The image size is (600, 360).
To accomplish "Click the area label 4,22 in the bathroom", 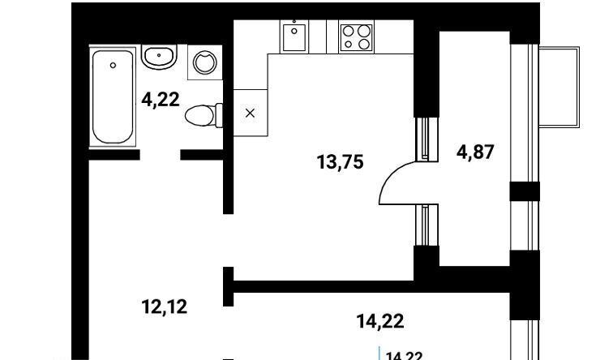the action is (161, 101).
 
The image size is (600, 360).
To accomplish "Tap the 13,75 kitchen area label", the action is (341, 162).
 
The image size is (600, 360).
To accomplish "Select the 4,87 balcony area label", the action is (475, 152).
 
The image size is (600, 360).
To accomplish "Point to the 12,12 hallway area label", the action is (165, 306).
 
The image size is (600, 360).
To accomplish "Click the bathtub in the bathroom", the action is (113, 96).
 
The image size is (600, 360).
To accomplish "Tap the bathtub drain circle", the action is (113, 66).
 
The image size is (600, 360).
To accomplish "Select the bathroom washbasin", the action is (159, 57).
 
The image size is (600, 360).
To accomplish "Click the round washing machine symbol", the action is (204, 62).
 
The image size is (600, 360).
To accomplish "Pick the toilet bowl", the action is (199, 115).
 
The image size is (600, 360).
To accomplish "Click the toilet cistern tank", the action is (219, 115).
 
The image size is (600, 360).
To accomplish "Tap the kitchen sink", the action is (294, 37).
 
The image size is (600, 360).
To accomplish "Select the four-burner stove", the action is (356, 36).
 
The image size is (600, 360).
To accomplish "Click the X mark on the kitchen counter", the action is (250, 113).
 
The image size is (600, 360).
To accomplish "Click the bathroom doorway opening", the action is (160, 155).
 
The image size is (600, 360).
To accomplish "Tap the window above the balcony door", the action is (426, 139).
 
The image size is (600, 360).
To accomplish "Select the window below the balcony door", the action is (426, 225).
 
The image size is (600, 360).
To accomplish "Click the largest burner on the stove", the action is (365, 31).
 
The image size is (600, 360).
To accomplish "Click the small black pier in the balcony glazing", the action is (525, 191).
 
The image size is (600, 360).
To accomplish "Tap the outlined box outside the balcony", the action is (559, 88).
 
